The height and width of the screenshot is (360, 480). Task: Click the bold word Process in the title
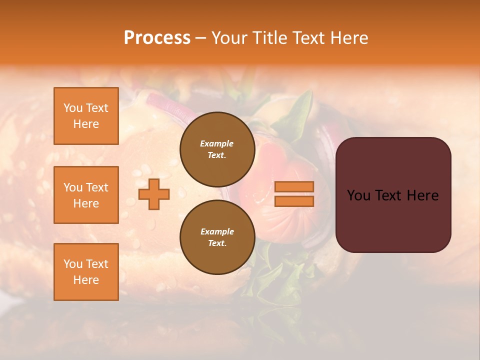click(x=157, y=38)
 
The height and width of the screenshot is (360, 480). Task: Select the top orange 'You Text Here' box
click(x=86, y=116)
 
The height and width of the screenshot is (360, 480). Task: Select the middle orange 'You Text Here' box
click(x=86, y=195)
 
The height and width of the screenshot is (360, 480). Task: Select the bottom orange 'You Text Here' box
click(x=86, y=272)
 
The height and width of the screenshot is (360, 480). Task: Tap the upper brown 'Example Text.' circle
click(x=217, y=149)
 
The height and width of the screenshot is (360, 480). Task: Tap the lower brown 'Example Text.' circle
click(x=217, y=237)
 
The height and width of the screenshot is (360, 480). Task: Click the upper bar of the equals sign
click(x=294, y=186)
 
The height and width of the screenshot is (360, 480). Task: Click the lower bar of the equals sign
click(x=294, y=201)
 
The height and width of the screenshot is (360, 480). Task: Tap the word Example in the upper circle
click(x=217, y=143)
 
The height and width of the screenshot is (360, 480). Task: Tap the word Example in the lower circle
click(x=217, y=231)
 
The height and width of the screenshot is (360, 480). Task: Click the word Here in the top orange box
click(x=86, y=124)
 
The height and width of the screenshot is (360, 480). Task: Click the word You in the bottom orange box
click(x=73, y=264)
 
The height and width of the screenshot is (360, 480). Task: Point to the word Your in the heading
click(x=229, y=38)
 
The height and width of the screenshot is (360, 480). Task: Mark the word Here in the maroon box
click(x=423, y=195)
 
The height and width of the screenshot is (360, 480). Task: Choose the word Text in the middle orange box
click(x=97, y=187)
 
